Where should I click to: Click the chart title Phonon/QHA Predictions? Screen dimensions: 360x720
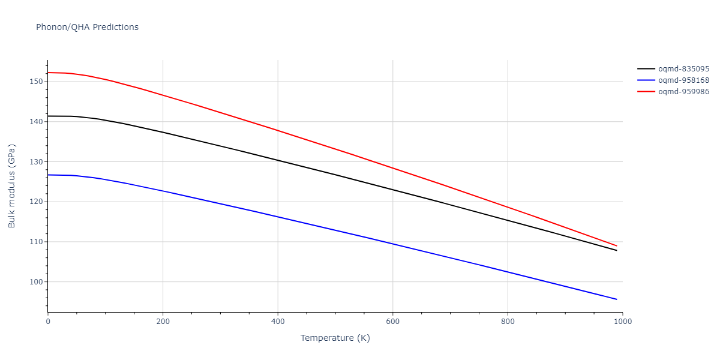coord(87,27)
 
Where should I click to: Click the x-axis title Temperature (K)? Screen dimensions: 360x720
coord(335,338)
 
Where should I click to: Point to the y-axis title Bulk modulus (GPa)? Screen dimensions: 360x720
coord(12,186)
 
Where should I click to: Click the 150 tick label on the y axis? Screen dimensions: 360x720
coord(37,82)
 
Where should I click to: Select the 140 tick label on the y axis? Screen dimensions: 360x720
coord(37,122)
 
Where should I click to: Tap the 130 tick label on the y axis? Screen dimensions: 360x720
coord(37,162)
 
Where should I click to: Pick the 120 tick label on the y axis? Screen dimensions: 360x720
coord(37,202)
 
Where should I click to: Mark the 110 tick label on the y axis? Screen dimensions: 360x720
coord(37,242)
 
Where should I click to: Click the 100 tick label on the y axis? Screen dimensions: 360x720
coord(37,282)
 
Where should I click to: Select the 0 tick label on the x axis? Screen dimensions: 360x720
coord(48,322)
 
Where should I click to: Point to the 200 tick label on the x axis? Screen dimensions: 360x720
coord(163,322)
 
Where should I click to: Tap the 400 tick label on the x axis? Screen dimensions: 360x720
coord(278,322)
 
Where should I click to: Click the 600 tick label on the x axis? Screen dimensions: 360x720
coord(392,322)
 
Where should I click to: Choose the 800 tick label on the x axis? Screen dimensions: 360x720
coord(508,322)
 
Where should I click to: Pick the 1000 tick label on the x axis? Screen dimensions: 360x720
coord(622,322)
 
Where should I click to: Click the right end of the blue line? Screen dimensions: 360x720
coord(616,299)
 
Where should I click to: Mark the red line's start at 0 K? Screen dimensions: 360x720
coord(48,73)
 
